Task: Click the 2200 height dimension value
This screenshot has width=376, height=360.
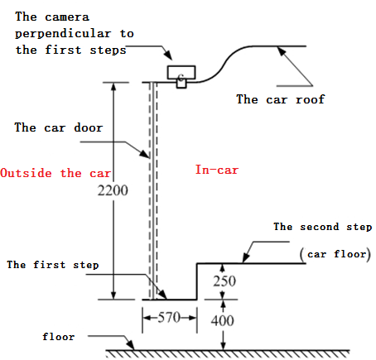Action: tap(113, 190)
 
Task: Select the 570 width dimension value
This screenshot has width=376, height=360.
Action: tap(169, 318)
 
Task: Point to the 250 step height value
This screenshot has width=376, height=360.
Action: tap(224, 281)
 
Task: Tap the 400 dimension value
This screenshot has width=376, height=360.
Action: tap(223, 320)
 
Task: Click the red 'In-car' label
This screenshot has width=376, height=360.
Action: tap(217, 170)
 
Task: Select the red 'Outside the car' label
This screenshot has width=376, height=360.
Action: tap(55, 173)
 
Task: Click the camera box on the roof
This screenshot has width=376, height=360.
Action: tap(181, 73)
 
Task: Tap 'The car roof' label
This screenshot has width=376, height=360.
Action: tap(281, 99)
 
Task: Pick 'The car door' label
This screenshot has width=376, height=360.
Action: tap(59, 127)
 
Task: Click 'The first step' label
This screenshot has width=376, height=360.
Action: tap(53, 265)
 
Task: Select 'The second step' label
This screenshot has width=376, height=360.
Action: tap(323, 227)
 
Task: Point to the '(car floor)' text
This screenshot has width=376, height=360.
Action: tap(335, 254)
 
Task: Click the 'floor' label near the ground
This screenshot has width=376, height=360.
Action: tap(58, 337)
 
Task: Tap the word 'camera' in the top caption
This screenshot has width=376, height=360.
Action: tap(67, 17)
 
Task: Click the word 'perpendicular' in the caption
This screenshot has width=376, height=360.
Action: tap(63, 34)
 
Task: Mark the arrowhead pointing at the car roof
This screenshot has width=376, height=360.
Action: tap(281, 51)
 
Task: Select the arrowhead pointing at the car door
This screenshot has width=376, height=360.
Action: tap(146, 154)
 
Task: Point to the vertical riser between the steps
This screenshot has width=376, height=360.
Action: tap(197, 281)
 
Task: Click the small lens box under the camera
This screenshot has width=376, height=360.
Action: tap(181, 84)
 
